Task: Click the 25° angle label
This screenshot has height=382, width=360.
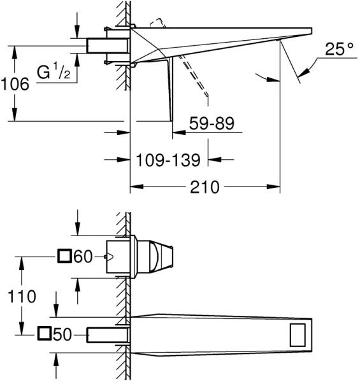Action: (x=339, y=49)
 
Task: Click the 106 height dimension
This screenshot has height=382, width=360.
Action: (x=15, y=84)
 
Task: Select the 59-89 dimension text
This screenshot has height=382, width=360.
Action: (x=212, y=124)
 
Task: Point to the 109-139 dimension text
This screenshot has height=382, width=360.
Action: (x=168, y=160)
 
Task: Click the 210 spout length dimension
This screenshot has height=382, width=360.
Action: (x=205, y=187)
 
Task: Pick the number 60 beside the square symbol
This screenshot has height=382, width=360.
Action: (x=83, y=257)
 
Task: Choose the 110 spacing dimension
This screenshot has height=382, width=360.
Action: (x=22, y=297)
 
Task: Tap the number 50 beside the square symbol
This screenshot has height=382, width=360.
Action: (x=62, y=334)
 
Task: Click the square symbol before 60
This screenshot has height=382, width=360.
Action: (x=64, y=256)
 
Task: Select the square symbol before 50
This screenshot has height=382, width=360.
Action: (x=44, y=334)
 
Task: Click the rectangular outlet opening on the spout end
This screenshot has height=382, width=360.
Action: (x=298, y=335)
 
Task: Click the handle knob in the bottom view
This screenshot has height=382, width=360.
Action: (x=155, y=257)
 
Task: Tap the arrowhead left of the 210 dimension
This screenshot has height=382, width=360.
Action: (x=136, y=187)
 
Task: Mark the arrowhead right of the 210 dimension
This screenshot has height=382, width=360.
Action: (x=273, y=187)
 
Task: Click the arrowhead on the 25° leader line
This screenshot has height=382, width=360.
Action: (x=303, y=73)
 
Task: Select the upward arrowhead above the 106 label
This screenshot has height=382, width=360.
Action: (x=15, y=52)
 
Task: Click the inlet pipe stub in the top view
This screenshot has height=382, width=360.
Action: (x=108, y=46)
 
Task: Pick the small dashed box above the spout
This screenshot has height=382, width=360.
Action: (x=158, y=23)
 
